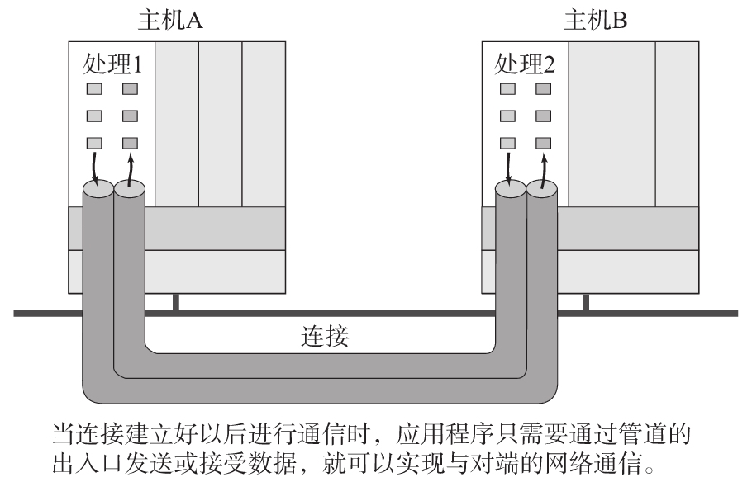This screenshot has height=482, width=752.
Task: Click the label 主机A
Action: (170, 20)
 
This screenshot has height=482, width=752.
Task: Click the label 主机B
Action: (595, 20)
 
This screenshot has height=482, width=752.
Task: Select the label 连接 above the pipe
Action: (327, 339)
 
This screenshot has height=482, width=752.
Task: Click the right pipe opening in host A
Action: (130, 191)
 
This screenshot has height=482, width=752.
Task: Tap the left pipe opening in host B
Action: (510, 191)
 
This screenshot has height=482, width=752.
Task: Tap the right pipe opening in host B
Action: (541, 191)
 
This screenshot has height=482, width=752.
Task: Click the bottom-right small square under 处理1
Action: (130, 142)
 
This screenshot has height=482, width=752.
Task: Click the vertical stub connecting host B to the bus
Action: (586, 303)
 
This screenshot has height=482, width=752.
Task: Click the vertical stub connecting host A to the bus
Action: (175, 303)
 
